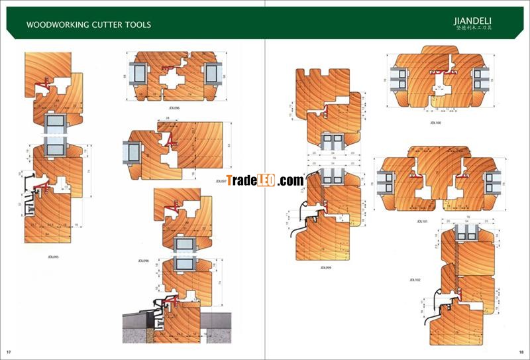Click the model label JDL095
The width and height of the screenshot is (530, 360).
click(54, 257)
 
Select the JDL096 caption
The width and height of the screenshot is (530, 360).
click(174, 107)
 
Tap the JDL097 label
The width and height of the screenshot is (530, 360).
click(221, 180)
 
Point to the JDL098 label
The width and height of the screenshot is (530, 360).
click(143, 261)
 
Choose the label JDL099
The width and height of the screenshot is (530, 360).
click(325, 268)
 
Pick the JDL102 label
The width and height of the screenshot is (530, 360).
click(415, 280)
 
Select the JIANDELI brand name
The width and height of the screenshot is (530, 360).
click(474, 21)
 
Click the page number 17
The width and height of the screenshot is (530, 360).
click(9, 351)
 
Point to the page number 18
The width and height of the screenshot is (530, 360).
click(521, 351)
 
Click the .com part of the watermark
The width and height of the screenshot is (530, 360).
click(290, 180)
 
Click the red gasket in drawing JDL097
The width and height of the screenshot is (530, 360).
click(168, 139)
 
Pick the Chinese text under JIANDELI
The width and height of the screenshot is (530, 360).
click(474, 29)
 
